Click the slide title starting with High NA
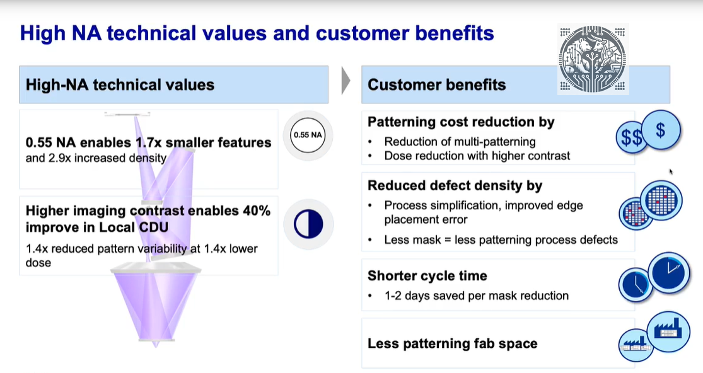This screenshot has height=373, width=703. click(x=257, y=33)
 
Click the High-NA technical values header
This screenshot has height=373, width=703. click(x=120, y=84)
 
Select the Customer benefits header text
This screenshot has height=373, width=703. click(x=436, y=84)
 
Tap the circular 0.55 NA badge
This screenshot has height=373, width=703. click(x=308, y=135)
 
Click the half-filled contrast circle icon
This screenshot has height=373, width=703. click(x=308, y=224)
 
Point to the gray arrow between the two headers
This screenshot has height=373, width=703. click(x=345, y=81)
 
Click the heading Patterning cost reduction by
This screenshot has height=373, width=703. click(x=461, y=122)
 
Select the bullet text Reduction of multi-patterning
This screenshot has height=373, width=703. click(x=460, y=141)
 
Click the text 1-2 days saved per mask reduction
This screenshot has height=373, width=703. click(x=476, y=296)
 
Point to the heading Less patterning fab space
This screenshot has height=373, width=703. click(x=452, y=343)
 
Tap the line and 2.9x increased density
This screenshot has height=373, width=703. click(x=96, y=158)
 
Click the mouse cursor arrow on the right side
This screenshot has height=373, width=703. click(x=671, y=171)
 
